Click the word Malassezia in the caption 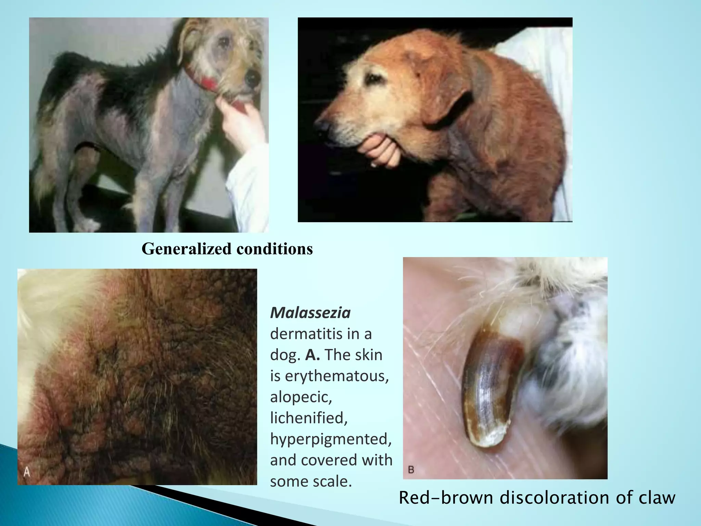point(310,313)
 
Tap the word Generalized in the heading point(187,249)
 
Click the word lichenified point(309,418)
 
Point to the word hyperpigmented point(331,439)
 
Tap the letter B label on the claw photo point(411,470)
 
